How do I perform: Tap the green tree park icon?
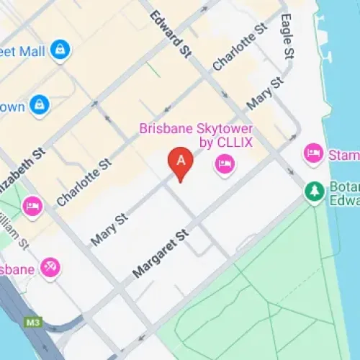coord(314,191)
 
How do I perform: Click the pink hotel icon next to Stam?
coord(312,153)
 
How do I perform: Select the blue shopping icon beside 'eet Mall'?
coord(60,51)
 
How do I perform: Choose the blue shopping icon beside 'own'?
coord(39,105)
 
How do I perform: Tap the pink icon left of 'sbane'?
coord(50,268)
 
